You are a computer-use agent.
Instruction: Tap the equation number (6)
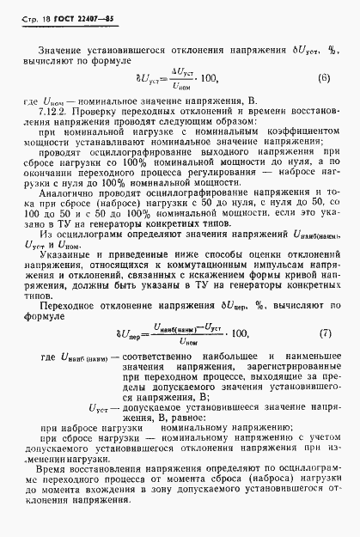(x=323, y=79)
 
